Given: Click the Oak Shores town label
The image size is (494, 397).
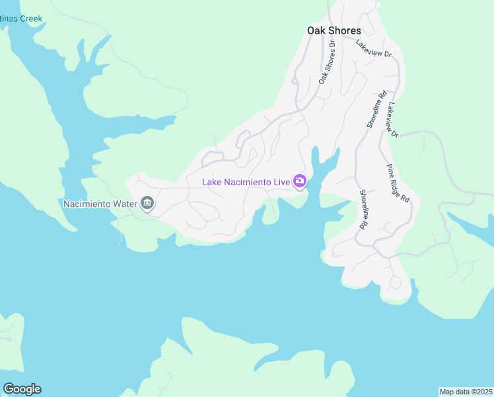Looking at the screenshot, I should (x=334, y=30).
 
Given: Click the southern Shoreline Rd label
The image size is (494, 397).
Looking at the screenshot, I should (x=363, y=209).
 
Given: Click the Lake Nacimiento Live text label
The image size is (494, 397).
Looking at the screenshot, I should (x=246, y=181).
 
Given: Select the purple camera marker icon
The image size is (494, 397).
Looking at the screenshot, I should (x=300, y=181).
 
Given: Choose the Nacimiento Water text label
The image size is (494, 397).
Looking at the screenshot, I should (x=99, y=203).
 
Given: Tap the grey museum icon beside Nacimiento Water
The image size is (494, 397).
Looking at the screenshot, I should (x=147, y=203).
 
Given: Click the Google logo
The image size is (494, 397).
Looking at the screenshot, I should (x=22, y=389).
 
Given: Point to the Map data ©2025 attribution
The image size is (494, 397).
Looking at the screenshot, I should (x=466, y=391).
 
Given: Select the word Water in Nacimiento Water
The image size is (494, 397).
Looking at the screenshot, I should (x=123, y=203).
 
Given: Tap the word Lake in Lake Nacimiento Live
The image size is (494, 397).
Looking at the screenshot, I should (x=212, y=181).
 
